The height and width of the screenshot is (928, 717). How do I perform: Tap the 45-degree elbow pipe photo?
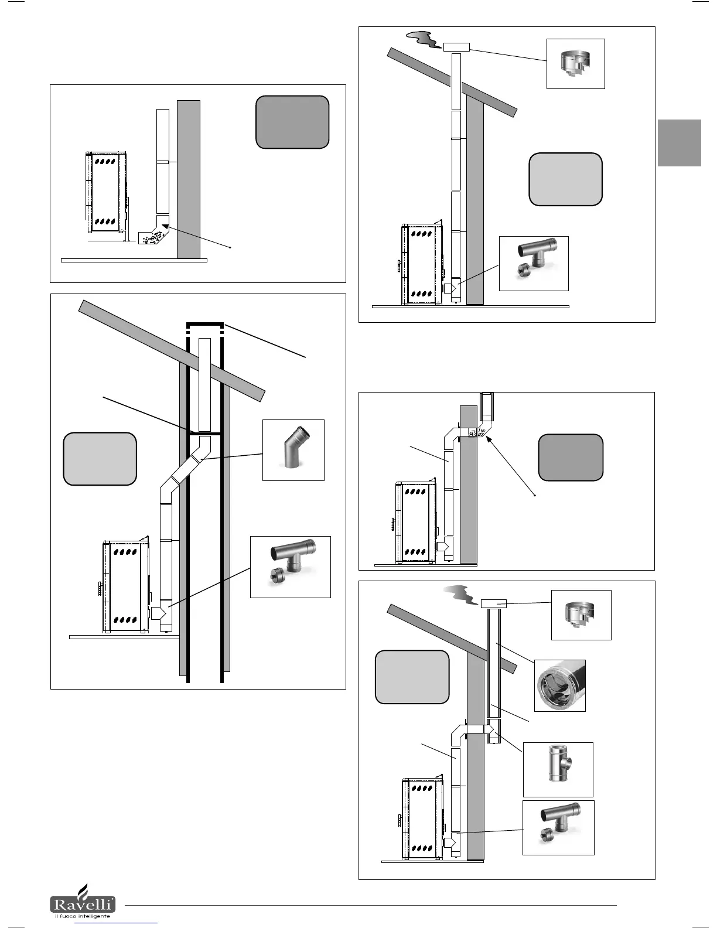pos(293,450)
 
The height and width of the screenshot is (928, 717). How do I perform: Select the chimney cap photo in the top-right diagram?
pos(575,64)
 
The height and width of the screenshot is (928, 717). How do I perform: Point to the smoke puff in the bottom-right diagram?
pos(460,596)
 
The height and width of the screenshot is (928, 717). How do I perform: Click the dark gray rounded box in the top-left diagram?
pos(292,122)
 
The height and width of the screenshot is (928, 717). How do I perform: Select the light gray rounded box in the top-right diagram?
pos(565,179)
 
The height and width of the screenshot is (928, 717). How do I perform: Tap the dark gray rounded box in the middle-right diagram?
pos(571,457)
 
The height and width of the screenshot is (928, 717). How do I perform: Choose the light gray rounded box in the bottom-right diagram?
pos(412,677)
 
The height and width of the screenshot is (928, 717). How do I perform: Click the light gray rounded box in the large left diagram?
pos(100,459)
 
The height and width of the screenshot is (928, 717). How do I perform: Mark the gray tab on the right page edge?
pos(679,143)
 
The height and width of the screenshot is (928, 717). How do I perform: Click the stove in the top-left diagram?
pos(105,192)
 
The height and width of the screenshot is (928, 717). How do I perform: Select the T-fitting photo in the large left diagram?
pos(290,567)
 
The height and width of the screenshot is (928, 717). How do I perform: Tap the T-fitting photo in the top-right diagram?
pos(533,263)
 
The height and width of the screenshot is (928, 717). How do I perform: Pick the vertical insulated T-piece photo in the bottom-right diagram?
pos(558,769)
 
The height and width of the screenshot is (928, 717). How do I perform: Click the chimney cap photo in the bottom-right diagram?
pos(581,615)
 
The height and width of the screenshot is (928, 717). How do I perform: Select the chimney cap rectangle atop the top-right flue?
pos(457,46)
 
